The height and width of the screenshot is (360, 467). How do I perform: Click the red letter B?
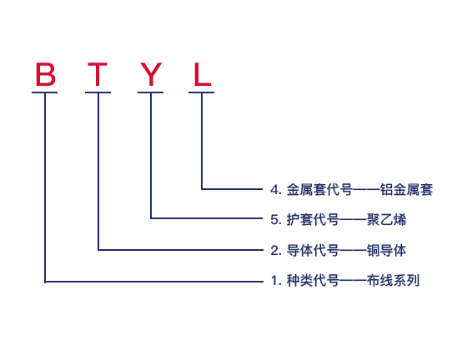pos(46,74)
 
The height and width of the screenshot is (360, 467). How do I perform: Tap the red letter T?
pos(98,74)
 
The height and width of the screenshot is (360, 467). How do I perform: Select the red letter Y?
pos(151,74)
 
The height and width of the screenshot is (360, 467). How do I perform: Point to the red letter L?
pos(203,74)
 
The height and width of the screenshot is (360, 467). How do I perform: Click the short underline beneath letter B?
pos(45,92)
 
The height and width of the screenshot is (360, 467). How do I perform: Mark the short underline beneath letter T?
pos(98,92)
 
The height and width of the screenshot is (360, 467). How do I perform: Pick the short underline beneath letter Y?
pos(150,92)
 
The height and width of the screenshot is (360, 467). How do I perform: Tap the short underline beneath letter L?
pos(201,92)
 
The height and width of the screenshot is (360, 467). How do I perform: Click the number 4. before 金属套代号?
pos(276,190)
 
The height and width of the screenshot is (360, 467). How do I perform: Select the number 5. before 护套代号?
pos(276,220)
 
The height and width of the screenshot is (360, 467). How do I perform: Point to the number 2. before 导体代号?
pos(276,251)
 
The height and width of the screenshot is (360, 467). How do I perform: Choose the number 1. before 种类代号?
pos(276,281)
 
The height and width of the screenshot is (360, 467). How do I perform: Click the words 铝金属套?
pos(407,190)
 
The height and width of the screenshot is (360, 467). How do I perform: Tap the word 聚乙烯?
pos(387,220)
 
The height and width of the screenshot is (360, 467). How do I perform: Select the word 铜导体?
pos(387,251)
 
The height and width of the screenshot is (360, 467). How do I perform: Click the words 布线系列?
pos(393,281)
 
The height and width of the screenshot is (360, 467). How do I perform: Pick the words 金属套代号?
pos(319,190)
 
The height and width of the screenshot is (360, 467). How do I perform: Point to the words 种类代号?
pos(313,281)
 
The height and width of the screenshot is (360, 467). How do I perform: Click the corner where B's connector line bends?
pos(45,282)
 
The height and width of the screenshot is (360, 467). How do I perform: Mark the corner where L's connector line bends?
pos(202,189)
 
